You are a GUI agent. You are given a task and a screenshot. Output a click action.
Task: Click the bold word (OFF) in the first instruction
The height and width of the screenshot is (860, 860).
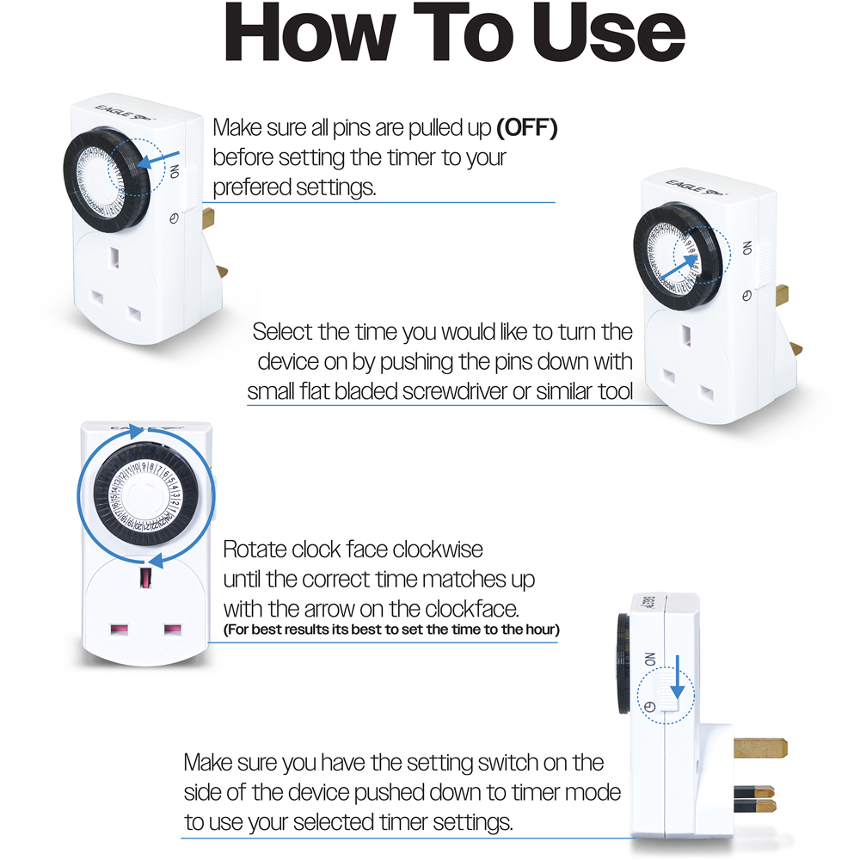(x=527, y=128)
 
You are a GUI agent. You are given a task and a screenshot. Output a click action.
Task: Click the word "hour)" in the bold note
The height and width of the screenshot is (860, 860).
(x=543, y=630)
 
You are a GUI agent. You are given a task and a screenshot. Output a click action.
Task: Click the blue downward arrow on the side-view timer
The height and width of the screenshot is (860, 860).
(x=678, y=677)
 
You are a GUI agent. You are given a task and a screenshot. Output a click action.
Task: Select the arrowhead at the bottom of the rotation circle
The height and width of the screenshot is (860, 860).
(x=157, y=561)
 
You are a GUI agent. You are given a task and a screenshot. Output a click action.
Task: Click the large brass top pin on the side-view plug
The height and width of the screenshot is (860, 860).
(x=760, y=747)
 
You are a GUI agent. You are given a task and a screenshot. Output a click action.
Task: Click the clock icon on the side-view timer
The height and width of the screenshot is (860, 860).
(x=650, y=706)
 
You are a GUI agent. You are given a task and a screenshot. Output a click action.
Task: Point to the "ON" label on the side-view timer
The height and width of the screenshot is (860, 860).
(x=650, y=660)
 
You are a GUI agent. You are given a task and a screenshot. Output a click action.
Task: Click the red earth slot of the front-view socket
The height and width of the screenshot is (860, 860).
(x=146, y=578)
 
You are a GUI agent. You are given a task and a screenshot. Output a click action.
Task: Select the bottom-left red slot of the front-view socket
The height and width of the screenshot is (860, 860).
(x=119, y=630)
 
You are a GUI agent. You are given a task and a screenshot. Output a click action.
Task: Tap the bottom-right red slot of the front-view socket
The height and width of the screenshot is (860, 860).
(x=173, y=630)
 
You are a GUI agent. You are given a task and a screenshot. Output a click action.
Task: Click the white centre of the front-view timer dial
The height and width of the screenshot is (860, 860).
(x=144, y=496)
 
